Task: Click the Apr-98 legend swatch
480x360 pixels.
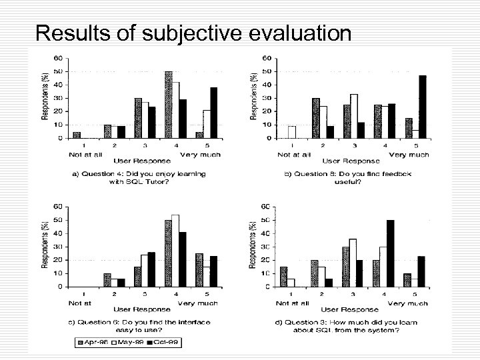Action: (x=81, y=343)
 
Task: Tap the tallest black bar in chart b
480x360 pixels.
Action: (x=422, y=107)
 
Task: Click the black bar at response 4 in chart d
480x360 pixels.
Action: (x=390, y=253)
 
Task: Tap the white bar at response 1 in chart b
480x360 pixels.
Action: (x=291, y=132)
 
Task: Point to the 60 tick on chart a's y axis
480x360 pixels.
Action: (x=59, y=58)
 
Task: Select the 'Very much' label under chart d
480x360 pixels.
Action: (x=408, y=303)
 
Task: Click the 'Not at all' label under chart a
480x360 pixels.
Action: (x=85, y=155)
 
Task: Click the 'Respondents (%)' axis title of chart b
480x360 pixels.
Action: (x=254, y=97)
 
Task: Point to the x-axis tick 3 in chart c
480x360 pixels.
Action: (x=145, y=294)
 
